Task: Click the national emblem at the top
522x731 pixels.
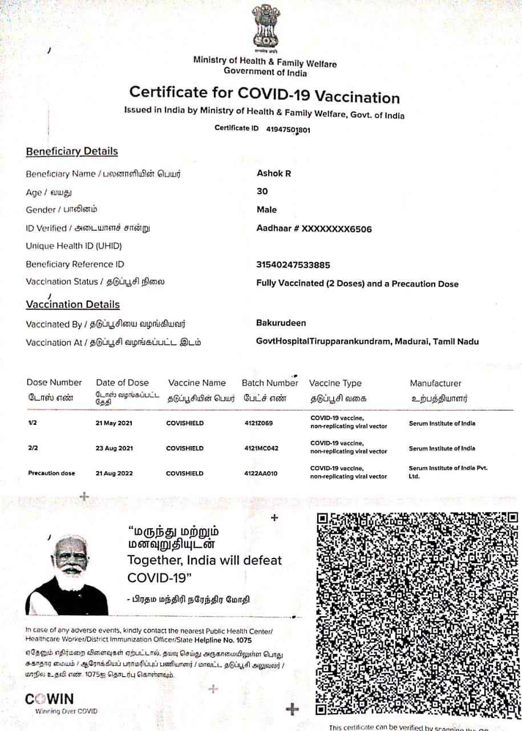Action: [x=266, y=27]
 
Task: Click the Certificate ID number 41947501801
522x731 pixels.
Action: [x=288, y=130]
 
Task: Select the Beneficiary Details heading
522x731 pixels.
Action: [x=72, y=151]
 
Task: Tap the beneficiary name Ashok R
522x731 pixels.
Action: [x=274, y=173]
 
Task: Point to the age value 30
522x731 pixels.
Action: [x=262, y=191]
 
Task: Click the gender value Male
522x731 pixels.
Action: [x=266, y=210]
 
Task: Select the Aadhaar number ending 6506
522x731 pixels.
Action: [x=314, y=229]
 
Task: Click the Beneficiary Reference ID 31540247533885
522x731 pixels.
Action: [x=293, y=265]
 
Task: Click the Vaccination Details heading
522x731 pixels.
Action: [x=72, y=304]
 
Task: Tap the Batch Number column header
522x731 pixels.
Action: [x=270, y=383]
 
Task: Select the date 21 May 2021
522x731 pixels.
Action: [x=114, y=424]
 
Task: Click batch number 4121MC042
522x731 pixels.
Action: [x=261, y=448]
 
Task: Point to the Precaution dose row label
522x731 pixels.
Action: [x=51, y=473]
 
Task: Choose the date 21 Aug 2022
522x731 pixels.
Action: [x=114, y=473]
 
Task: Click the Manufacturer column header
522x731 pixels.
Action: [x=435, y=383]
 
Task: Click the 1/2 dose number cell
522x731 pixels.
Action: [x=33, y=424]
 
